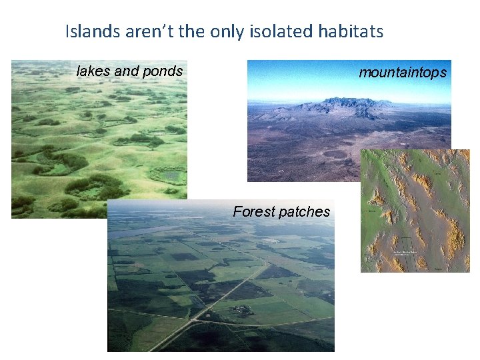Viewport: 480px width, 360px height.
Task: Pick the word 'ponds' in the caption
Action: pyautogui.click(x=164, y=71)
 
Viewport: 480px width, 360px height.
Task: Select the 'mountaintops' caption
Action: pyautogui.click(x=402, y=73)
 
